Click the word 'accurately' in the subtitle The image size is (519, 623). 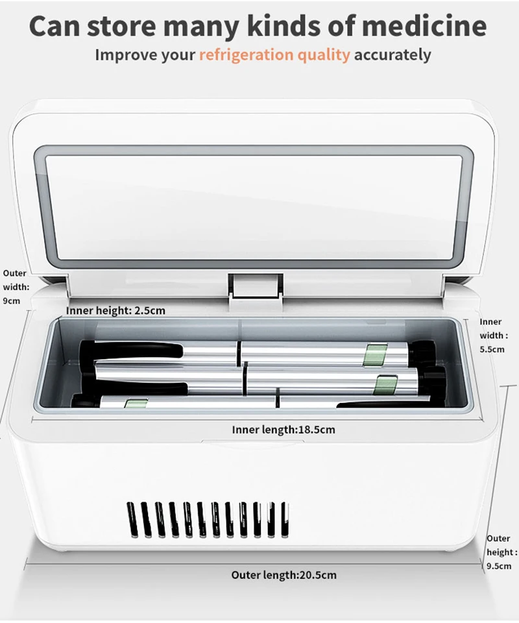point(392,55)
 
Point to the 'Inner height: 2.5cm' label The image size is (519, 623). point(115,310)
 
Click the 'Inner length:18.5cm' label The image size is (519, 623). point(284,430)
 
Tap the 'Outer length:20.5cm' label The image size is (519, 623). point(284,575)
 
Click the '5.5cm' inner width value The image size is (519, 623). point(492,349)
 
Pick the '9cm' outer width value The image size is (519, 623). point(12,301)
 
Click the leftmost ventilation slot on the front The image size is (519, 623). point(132,519)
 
